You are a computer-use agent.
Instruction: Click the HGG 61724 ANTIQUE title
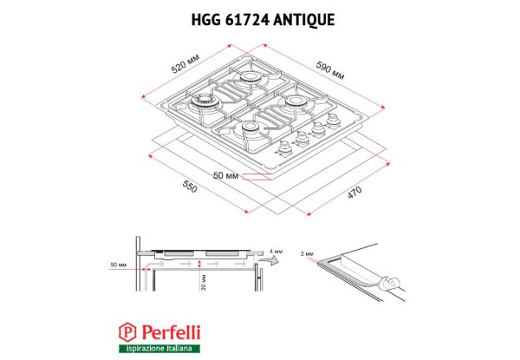tap(263, 20)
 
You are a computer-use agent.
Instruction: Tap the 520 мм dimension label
tap(185, 63)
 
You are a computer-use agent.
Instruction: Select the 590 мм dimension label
tap(329, 70)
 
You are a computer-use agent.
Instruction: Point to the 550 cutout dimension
tap(190, 187)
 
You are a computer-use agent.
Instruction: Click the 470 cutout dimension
tap(354, 193)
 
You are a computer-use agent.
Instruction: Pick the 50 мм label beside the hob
tap(225, 175)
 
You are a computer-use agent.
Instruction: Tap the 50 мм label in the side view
tap(119, 265)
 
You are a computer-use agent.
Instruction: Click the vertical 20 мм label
tap(204, 282)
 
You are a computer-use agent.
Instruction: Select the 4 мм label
tap(276, 252)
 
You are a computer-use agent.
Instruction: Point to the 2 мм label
tap(307, 254)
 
